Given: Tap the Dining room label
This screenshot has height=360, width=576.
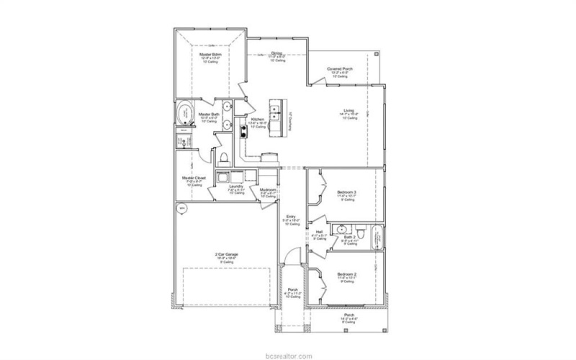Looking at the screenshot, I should (x=276, y=53).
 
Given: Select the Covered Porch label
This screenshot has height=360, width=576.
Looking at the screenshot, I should (x=339, y=69).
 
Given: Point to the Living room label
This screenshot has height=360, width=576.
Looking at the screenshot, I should (x=348, y=110).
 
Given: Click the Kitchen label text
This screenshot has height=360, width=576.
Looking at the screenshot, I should (x=257, y=119).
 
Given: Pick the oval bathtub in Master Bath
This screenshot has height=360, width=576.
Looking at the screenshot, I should (x=185, y=114).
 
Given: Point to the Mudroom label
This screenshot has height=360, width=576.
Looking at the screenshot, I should (x=268, y=190).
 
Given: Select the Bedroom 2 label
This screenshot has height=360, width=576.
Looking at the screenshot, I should (x=346, y=275).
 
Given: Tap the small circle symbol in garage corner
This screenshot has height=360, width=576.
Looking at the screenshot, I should (x=182, y=210).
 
